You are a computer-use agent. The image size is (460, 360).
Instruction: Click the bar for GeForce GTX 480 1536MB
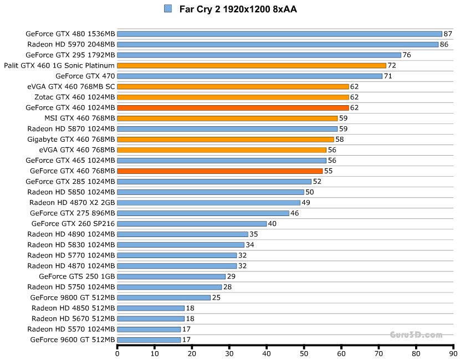279,34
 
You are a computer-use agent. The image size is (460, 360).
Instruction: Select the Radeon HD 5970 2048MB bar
278,44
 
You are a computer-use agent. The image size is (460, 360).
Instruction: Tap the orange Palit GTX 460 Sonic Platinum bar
252,65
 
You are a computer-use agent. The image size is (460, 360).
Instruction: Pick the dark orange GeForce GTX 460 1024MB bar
233,107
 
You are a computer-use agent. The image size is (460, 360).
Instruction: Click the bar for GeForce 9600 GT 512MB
149,340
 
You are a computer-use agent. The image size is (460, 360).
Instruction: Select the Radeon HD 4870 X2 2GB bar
209,203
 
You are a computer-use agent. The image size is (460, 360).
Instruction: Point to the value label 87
448,34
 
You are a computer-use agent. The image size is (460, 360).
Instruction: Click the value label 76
407,55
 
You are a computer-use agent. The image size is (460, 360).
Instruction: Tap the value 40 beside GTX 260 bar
272,224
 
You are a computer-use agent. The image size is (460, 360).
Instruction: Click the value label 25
216,297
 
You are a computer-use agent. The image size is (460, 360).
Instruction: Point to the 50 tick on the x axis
304,352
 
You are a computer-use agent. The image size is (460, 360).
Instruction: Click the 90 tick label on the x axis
453,352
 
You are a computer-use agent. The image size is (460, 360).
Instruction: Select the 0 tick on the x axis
117,352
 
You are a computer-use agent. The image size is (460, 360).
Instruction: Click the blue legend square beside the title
168,9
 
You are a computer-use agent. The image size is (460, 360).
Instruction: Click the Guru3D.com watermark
415,335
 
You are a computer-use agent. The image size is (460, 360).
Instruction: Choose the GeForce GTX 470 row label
85,76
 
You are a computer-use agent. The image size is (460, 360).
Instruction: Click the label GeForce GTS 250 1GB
77,276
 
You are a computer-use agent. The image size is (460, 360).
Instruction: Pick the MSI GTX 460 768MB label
80,118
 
